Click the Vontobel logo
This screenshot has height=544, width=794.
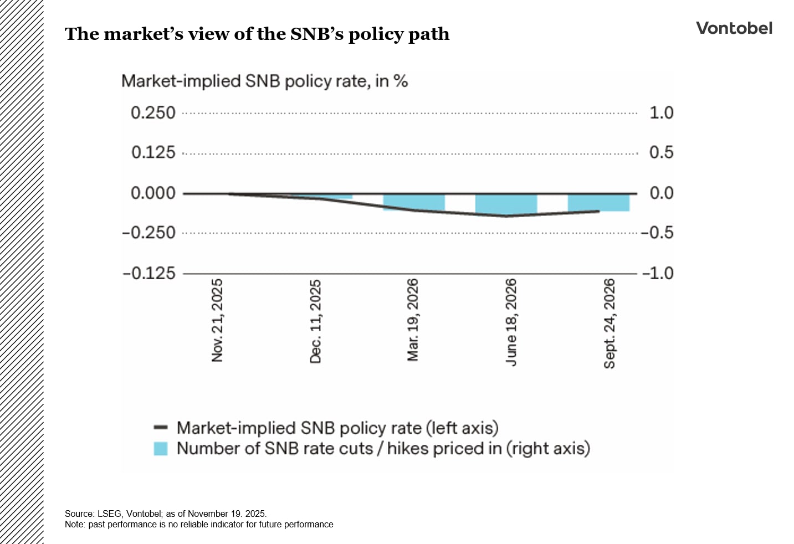point(734,28)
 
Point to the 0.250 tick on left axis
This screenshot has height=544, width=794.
point(153,113)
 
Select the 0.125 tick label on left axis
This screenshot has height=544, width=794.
point(153,153)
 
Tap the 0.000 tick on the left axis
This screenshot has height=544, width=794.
point(153,193)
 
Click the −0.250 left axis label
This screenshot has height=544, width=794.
point(148,233)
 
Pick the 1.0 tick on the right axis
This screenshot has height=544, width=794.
point(661,113)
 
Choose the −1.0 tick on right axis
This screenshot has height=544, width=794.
point(658,273)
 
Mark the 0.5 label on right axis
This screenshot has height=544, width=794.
point(661,153)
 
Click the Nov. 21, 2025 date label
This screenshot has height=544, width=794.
point(217,320)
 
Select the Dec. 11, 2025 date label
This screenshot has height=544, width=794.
point(315,321)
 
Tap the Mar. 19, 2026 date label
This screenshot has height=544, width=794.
point(413,320)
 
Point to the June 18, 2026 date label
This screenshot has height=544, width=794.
point(511,321)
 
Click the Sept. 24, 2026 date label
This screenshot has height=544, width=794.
point(609,324)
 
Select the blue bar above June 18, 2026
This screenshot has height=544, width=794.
point(506,204)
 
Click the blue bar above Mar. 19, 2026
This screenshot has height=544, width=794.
point(414,202)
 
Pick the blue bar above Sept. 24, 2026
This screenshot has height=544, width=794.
point(598,202)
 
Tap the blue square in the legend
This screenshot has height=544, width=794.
point(161,449)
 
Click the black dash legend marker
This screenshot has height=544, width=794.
point(161,428)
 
